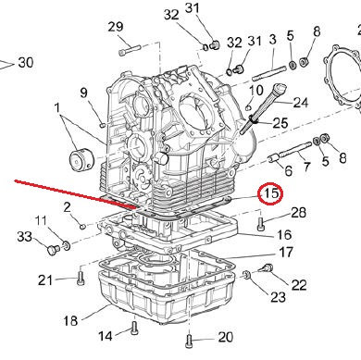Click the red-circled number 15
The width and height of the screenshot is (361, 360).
click(270, 193)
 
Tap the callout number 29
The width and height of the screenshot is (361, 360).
click(116, 27)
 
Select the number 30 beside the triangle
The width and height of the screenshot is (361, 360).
click(26, 63)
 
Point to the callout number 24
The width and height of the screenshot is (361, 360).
click(300, 103)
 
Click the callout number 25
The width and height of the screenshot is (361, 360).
click(280, 123)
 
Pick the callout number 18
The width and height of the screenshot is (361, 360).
click(70, 320)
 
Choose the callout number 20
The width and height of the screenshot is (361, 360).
click(226, 337)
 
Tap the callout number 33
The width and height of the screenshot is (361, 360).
click(24, 237)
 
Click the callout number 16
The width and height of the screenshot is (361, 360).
click(284, 235)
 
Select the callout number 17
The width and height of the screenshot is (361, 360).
click(286, 253)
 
